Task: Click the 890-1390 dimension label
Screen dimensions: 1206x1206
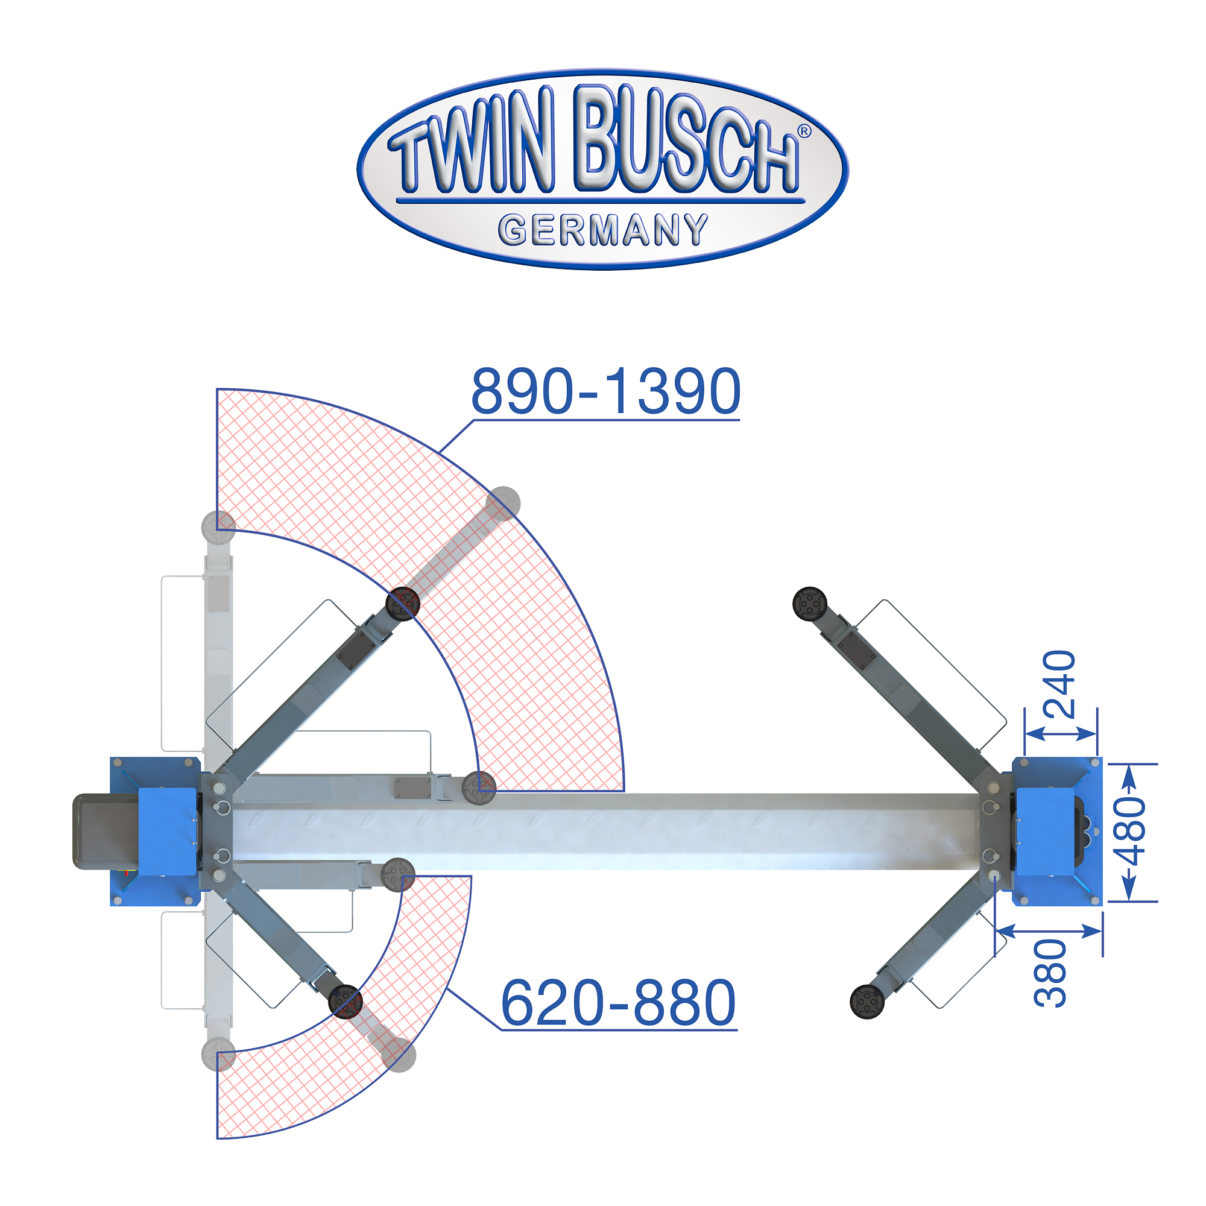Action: click(605, 391)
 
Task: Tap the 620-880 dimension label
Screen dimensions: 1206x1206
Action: click(619, 1002)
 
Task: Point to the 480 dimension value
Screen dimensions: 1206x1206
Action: click(1131, 833)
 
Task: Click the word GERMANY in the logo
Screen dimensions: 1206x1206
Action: click(603, 230)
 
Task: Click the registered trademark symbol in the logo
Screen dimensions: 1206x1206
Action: click(804, 131)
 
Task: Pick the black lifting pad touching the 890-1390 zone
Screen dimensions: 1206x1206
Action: click(403, 604)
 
